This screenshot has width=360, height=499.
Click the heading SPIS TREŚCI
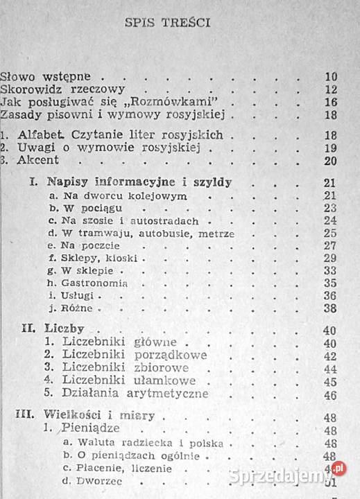[168, 22]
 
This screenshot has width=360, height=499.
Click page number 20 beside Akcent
[329, 162]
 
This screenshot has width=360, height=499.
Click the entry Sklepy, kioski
[89, 258]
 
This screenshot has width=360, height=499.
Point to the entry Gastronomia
[87, 283]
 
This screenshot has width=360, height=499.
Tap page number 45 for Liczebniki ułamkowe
[329, 381]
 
